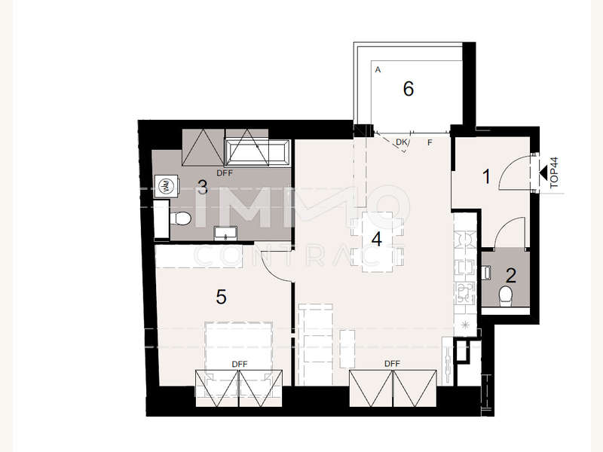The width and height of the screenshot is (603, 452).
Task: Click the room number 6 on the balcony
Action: pyautogui.click(x=409, y=89)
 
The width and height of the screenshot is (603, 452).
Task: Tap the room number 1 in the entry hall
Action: pyautogui.click(x=486, y=177)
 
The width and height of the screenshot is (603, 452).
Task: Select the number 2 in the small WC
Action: pyautogui.click(x=511, y=276)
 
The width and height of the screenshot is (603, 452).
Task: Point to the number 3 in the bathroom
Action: pyautogui.click(x=203, y=188)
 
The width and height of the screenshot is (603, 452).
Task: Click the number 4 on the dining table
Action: pyautogui.click(x=376, y=239)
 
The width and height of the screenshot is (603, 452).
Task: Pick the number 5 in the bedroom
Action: pyautogui.click(x=221, y=297)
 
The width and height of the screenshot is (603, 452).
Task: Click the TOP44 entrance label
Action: pyautogui.click(x=554, y=173)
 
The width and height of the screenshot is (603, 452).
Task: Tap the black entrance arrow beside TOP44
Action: pyautogui.click(x=543, y=173)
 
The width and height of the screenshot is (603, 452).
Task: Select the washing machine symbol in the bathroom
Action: pyautogui.click(x=167, y=186)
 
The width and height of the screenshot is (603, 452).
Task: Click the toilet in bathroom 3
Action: pyautogui.click(x=180, y=218)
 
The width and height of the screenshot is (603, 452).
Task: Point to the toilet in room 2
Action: pyautogui.click(x=505, y=296)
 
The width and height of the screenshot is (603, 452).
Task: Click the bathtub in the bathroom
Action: pyautogui.click(x=257, y=153)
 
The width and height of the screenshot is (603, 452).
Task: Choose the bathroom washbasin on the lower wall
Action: pyautogui.click(x=225, y=234)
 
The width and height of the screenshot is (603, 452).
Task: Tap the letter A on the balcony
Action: pyautogui.click(x=378, y=70)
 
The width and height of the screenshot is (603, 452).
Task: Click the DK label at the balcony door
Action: pyautogui.click(x=401, y=142)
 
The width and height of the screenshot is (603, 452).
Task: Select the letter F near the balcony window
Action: pyautogui.click(x=430, y=142)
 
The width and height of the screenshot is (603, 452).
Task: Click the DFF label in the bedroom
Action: pyautogui.click(x=240, y=364)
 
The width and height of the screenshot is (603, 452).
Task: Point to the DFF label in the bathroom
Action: pyautogui.click(x=225, y=173)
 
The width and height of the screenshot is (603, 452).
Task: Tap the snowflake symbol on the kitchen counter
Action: pyautogui.click(x=466, y=325)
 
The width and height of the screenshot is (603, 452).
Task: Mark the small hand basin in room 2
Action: pyautogui.click(x=487, y=273)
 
